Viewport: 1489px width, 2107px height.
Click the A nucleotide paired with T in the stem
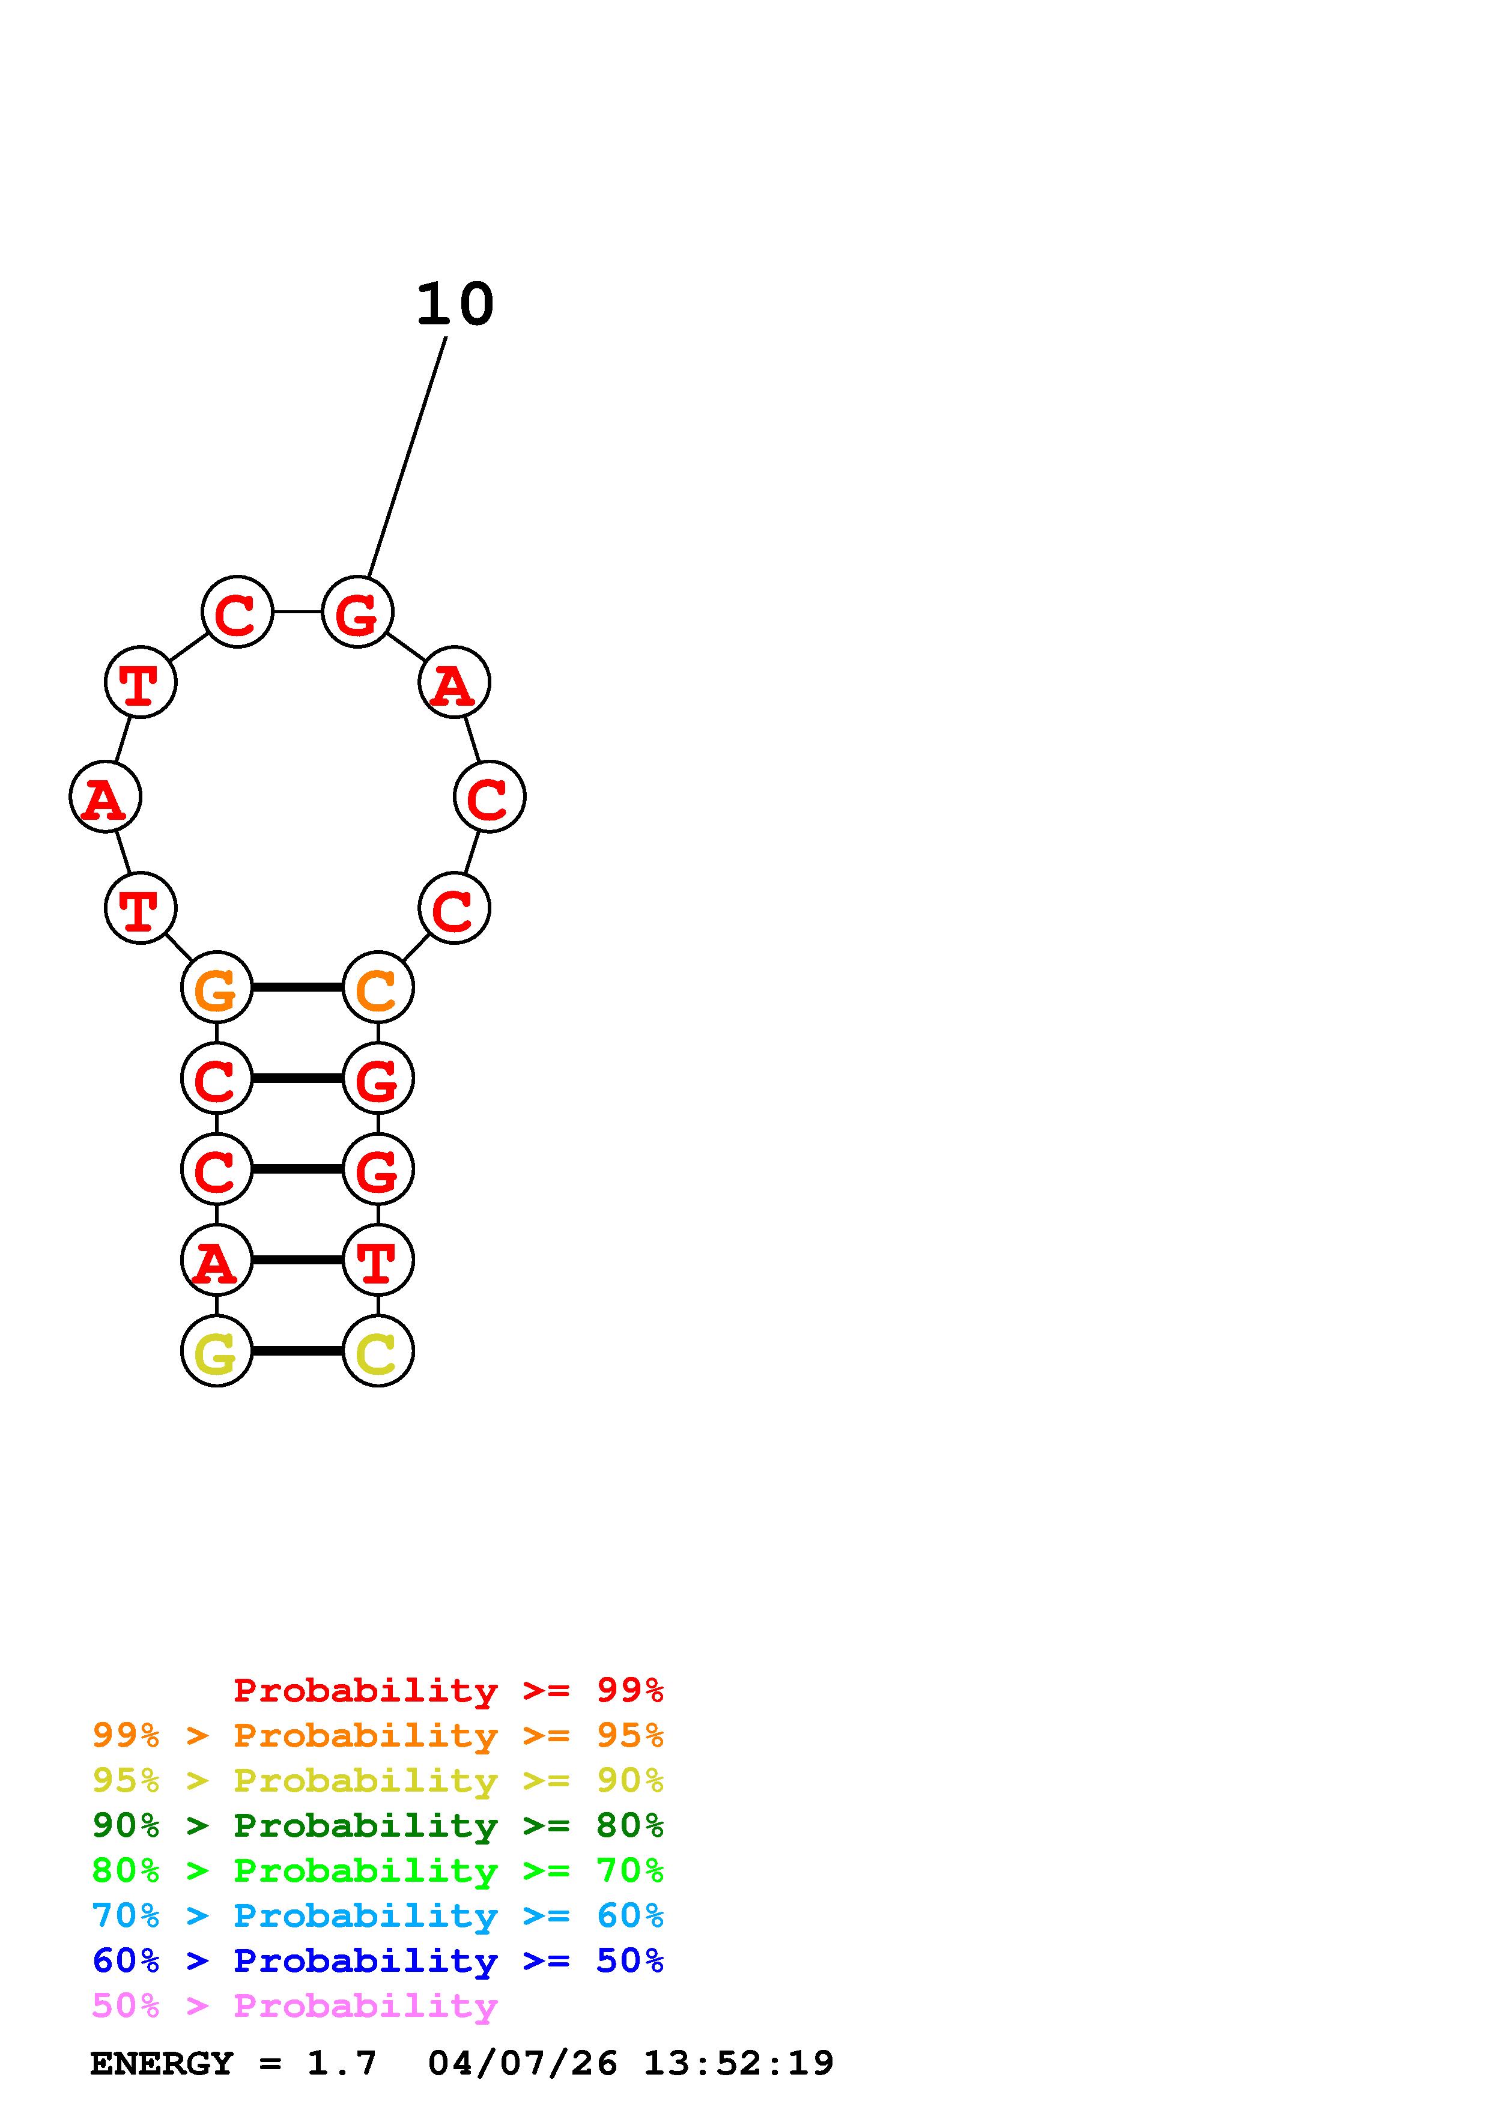(x=216, y=1260)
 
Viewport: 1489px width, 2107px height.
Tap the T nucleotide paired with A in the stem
(x=377, y=1260)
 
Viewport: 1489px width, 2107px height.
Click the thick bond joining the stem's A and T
(x=297, y=1260)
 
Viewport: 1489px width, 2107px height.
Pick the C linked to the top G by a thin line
(x=237, y=611)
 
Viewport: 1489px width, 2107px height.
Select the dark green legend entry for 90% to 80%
(x=377, y=1825)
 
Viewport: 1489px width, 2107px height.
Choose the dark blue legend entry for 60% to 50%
(x=377, y=1960)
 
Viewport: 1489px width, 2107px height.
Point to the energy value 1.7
(x=341, y=2063)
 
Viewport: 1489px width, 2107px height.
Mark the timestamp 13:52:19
(x=739, y=2063)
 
